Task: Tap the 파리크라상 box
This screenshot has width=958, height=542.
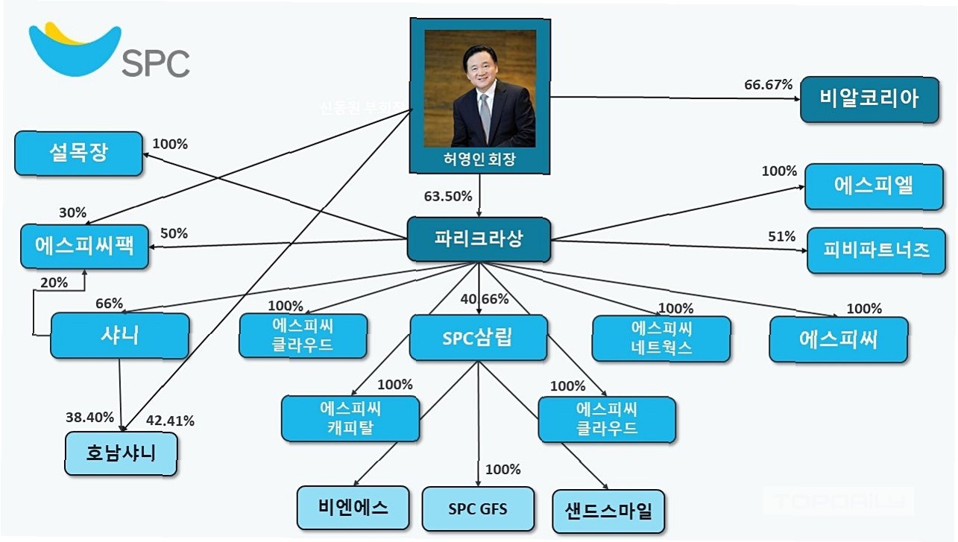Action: coord(479,239)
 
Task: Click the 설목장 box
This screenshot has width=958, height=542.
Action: coord(78,153)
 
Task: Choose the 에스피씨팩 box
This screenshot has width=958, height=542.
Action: coord(84,245)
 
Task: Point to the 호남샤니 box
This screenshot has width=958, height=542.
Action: coord(120,452)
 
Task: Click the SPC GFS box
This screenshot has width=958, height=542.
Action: coord(478,509)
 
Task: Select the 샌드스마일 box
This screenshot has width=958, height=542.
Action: coord(608,511)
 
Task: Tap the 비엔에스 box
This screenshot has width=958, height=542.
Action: coord(353,507)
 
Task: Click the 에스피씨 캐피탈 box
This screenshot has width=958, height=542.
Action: coord(350,418)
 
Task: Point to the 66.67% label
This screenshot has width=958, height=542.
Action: coord(768,84)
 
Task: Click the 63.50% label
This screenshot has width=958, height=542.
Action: coord(448,197)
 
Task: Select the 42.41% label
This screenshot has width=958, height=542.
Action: coord(170,420)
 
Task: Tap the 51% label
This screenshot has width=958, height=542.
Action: coord(781,236)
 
